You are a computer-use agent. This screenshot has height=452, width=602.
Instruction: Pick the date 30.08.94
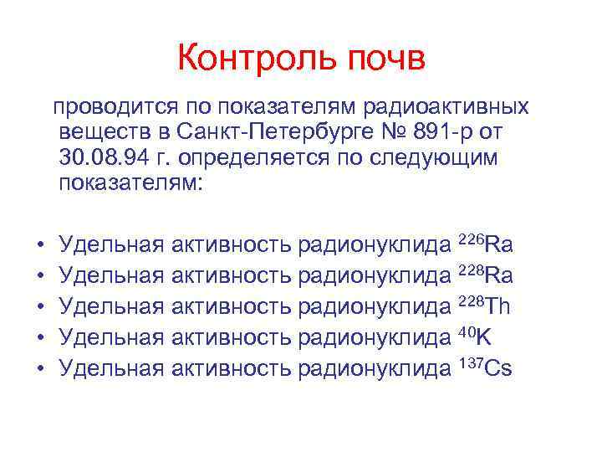point(97,158)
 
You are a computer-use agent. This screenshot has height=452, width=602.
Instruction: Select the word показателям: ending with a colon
point(130,183)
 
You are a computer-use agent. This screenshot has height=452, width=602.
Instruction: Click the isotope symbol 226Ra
point(486,244)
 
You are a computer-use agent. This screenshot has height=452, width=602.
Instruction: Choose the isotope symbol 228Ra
point(486,275)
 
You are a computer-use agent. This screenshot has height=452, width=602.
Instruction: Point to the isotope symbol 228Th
point(485,306)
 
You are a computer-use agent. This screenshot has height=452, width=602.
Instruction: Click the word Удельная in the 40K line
point(112,337)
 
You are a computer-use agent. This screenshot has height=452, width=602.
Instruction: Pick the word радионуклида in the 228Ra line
point(374,276)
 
